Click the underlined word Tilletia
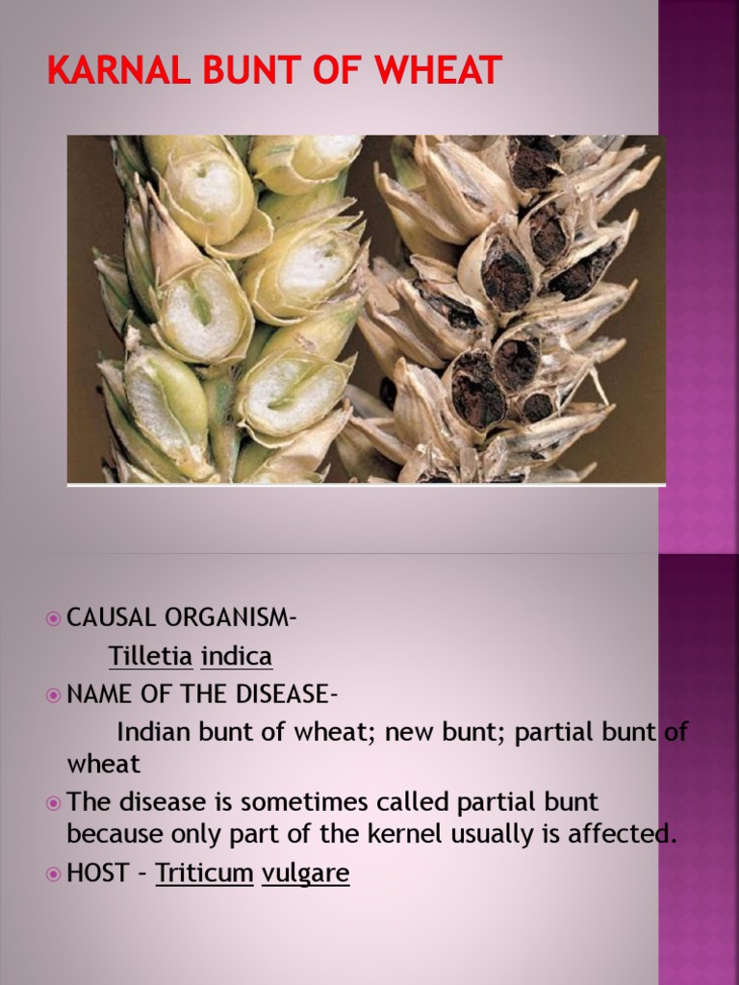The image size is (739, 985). pos(150,656)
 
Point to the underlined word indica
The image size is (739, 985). pos(237,656)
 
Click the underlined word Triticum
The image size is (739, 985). pos(204,873)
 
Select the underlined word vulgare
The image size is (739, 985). pos(305,873)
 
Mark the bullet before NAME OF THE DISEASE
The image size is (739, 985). pos(53,694)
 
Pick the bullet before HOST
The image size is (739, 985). pos(53,873)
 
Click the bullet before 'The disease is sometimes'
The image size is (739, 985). pos(53,801)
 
